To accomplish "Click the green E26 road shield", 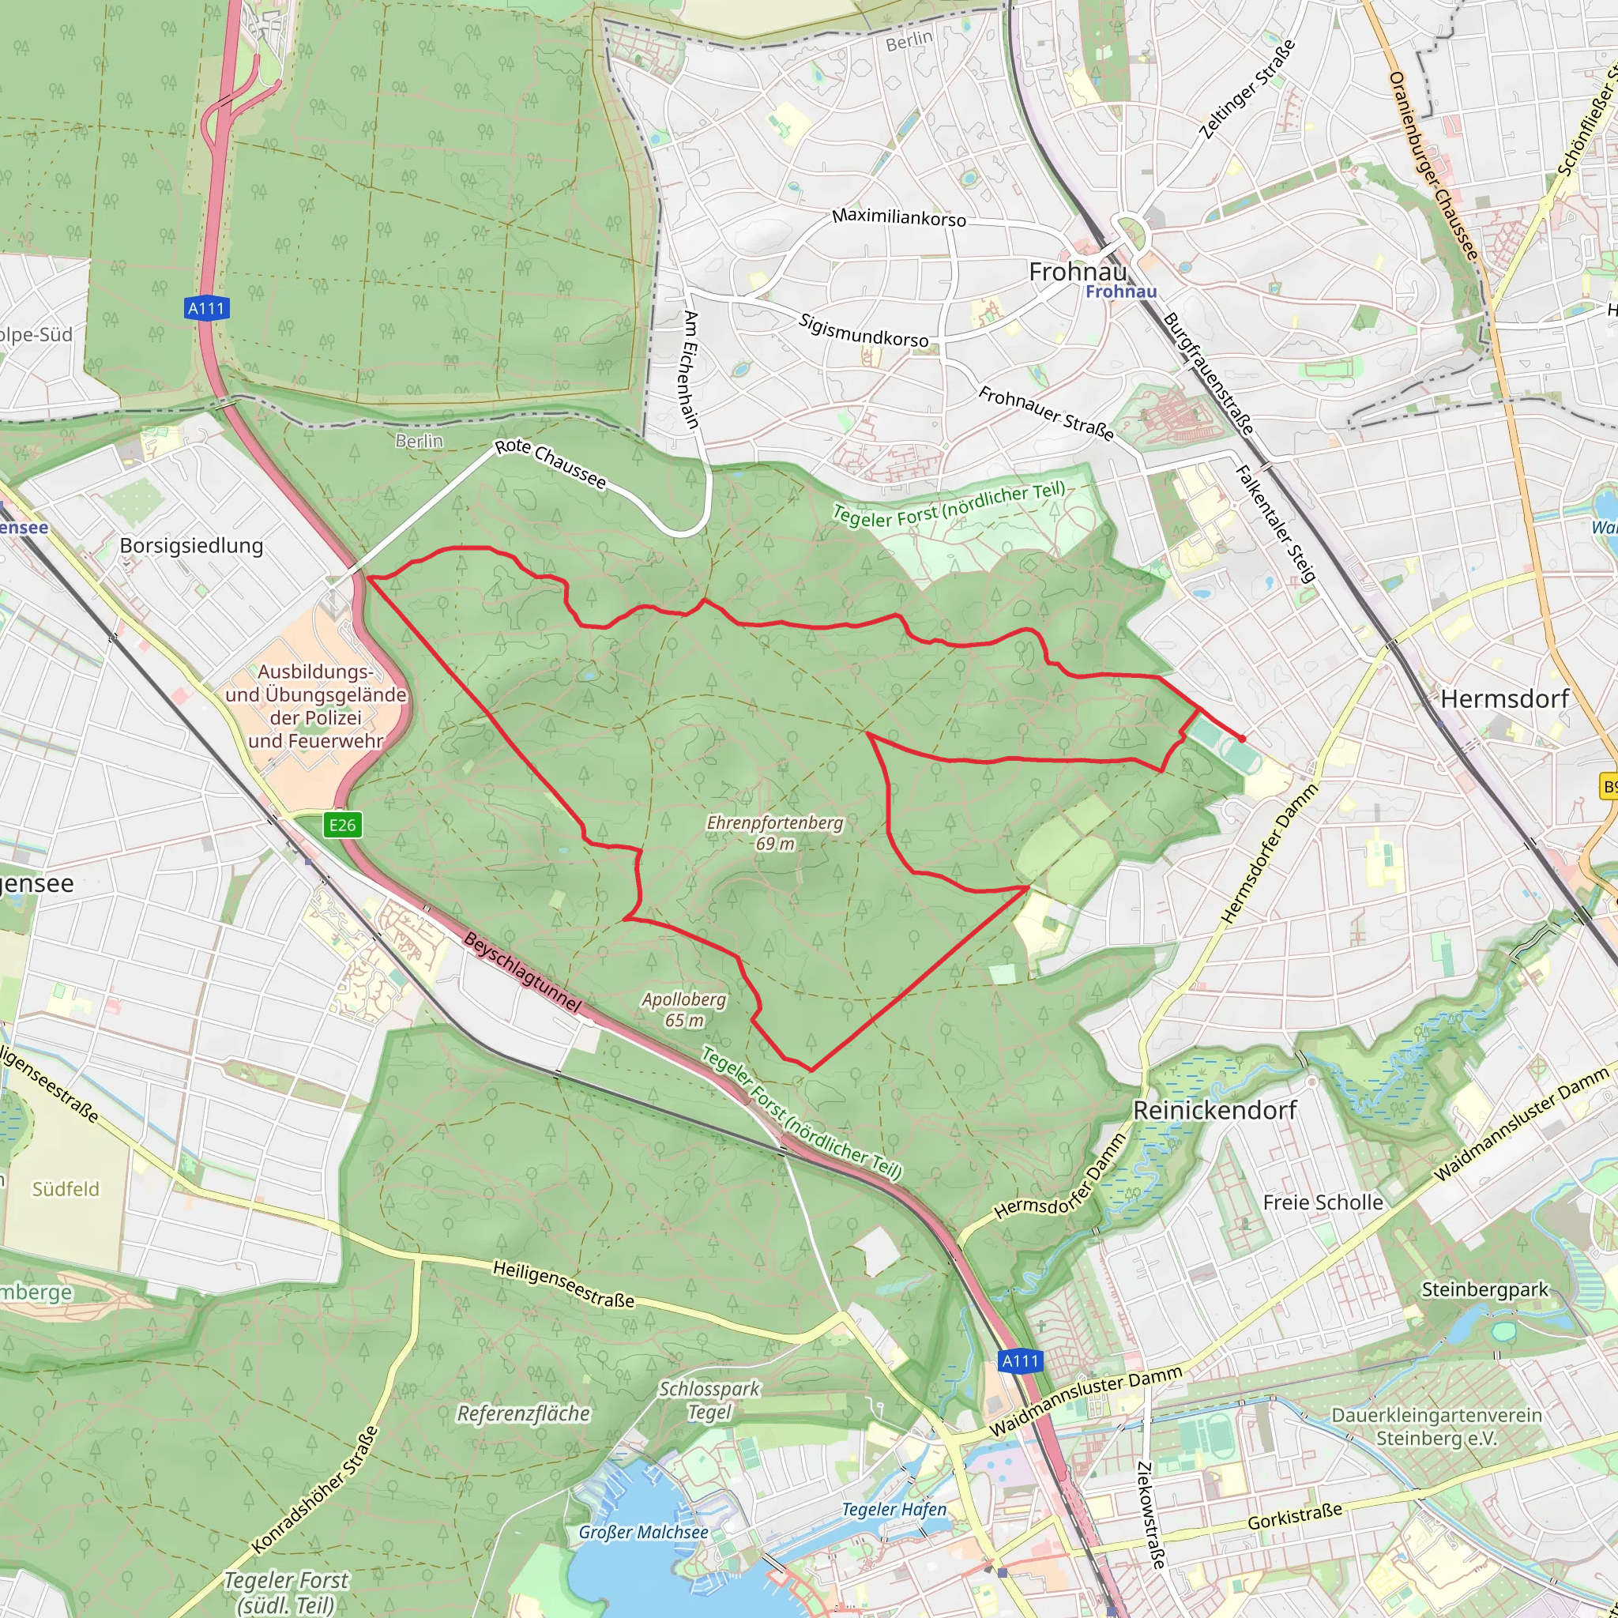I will coord(341,825).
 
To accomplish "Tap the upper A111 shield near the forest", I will coord(206,308).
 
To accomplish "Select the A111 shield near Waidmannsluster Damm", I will coord(1021,1361).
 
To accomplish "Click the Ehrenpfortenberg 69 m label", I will coord(775,833).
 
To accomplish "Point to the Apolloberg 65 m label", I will coord(684,1009).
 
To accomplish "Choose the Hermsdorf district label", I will coord(1504,698).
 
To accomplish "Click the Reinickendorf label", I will coord(1214,1111).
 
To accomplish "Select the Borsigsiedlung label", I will coord(191,545).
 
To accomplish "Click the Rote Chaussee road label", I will coord(550,463).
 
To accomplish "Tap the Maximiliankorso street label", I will coord(898,217).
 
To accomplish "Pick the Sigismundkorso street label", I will coord(864,330).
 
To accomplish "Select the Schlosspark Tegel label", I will coord(709,1400).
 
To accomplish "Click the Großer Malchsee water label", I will coord(643,1532).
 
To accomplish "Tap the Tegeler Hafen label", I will coord(894,1509).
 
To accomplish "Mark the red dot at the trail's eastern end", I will coord(1242,739).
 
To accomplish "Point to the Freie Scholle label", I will coord(1323,1202).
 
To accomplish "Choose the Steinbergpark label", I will coord(1484,1289).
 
